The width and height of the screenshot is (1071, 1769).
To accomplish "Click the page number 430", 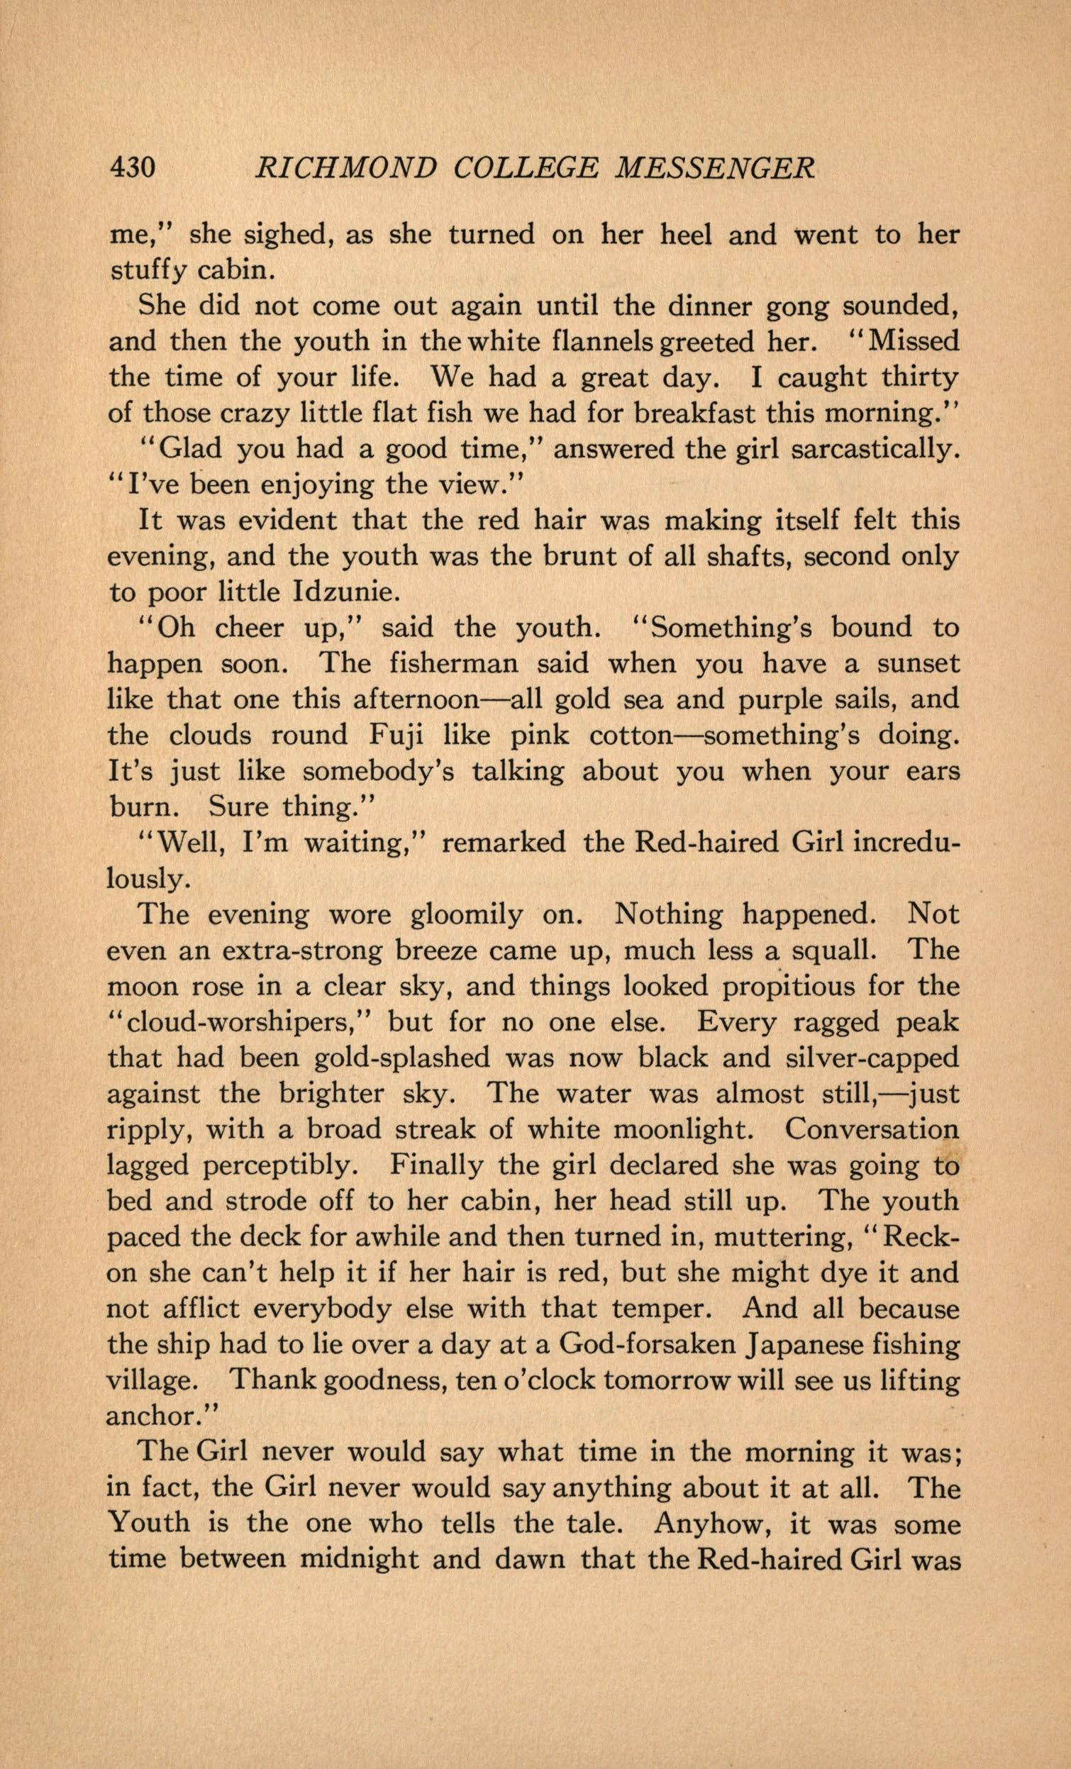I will click(131, 167).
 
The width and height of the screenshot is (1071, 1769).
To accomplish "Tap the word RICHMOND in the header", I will click(345, 167).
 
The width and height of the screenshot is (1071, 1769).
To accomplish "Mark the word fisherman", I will click(453, 664).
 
